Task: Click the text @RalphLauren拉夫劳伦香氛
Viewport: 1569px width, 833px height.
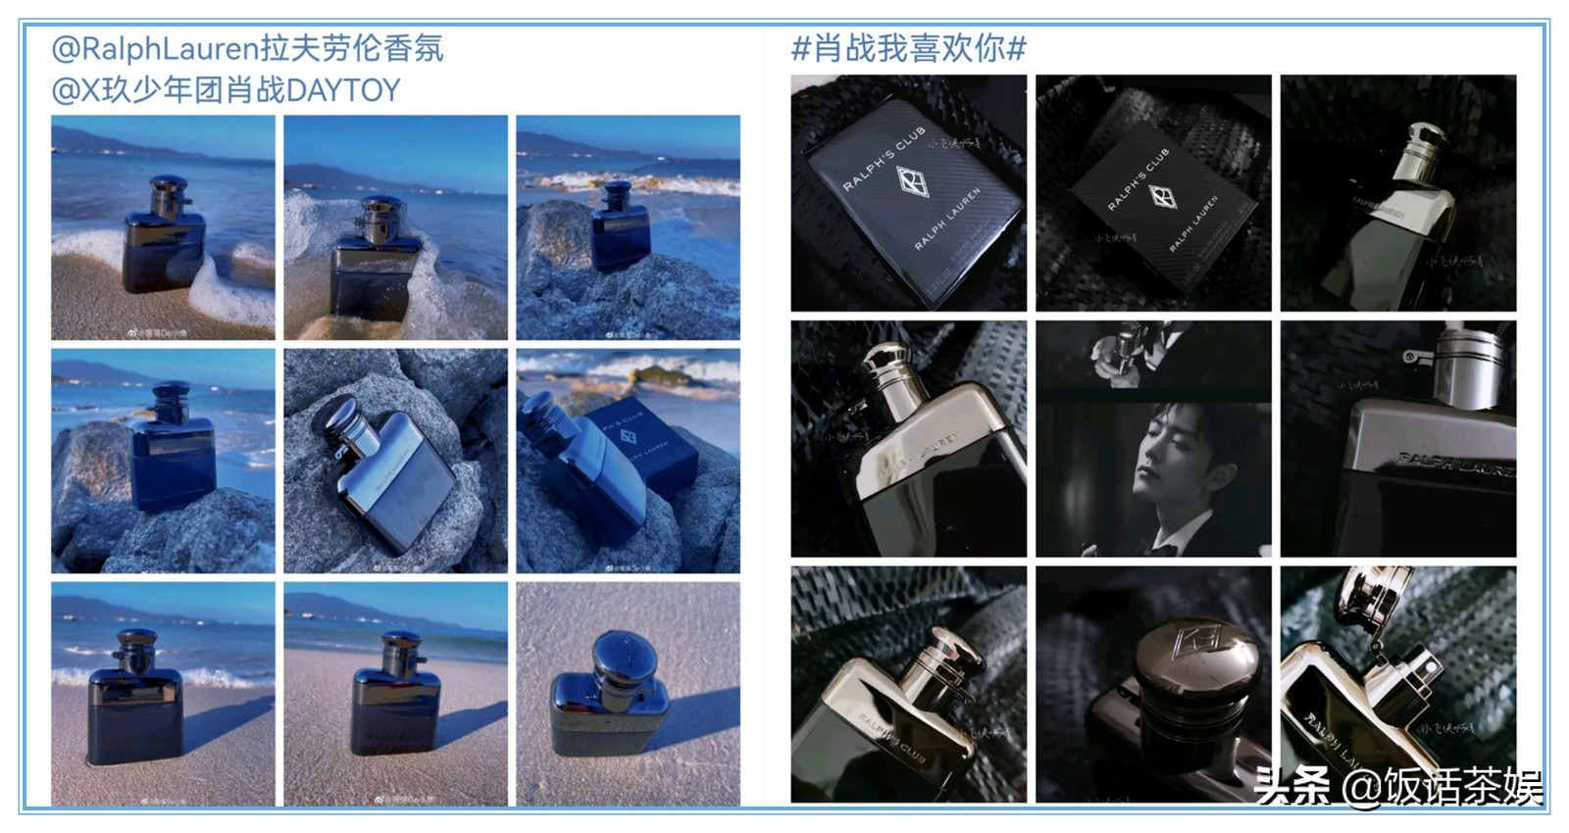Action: [247, 48]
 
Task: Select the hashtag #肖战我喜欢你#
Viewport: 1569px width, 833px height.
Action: [908, 48]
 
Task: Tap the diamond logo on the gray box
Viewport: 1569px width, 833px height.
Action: [912, 181]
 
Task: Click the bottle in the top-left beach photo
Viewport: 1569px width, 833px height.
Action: [164, 235]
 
